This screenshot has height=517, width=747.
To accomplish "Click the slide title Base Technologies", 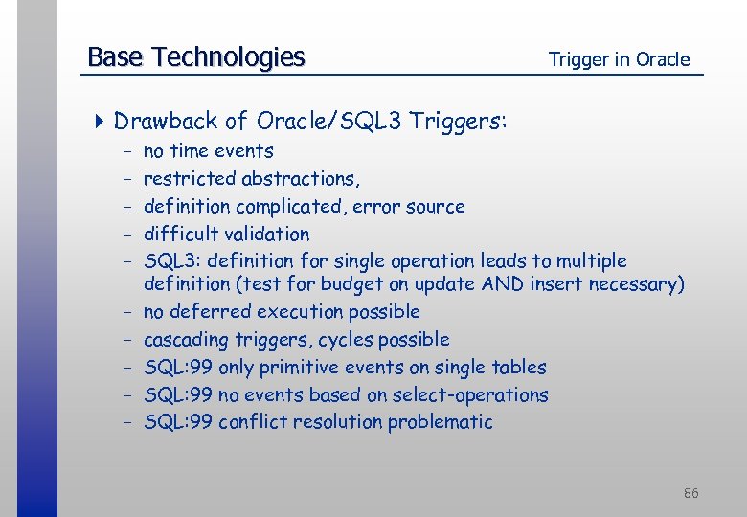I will pos(195,57).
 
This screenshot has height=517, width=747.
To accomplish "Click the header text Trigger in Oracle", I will pos(619,59).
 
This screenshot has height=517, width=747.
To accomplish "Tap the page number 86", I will pos(690,493).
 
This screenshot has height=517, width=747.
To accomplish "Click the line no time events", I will pos(208,151).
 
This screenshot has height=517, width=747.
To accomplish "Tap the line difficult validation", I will pos(226,234).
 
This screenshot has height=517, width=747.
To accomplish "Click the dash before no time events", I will pos(126,151).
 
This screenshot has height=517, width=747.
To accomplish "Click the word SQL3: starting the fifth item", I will pos(172,261).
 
